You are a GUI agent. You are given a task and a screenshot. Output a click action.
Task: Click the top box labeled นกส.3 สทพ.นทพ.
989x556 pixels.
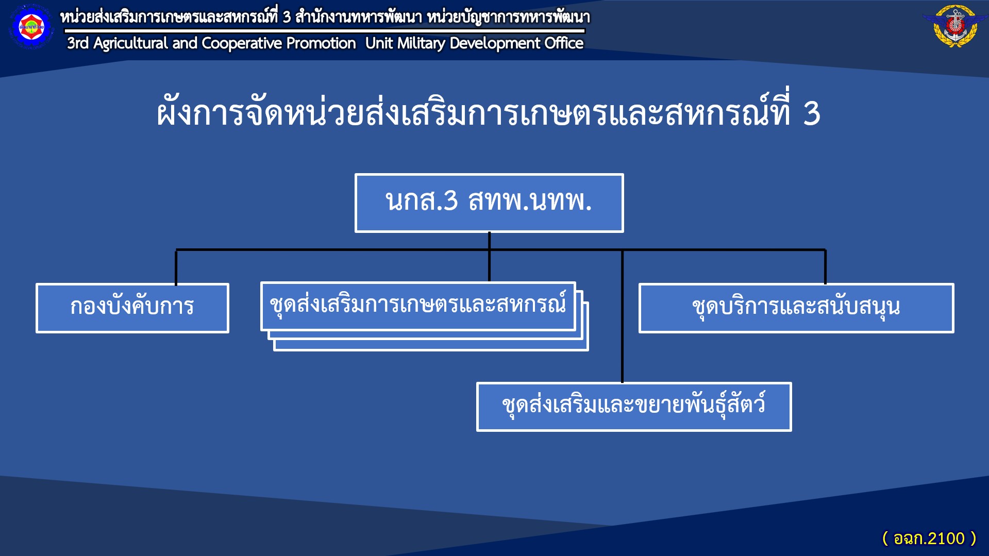(489, 203)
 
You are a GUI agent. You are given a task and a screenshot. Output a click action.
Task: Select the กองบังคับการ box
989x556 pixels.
(132, 308)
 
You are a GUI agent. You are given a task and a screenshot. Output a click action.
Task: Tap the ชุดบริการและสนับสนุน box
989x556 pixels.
(796, 308)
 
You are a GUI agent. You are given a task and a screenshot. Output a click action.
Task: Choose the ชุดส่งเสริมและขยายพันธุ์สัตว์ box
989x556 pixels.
(634, 407)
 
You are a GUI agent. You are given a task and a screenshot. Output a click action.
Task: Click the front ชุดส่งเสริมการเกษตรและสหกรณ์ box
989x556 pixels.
(418, 306)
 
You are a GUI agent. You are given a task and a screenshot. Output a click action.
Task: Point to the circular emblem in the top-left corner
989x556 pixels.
(31, 27)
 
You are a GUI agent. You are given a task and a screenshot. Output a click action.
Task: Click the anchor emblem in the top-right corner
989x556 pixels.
(955, 26)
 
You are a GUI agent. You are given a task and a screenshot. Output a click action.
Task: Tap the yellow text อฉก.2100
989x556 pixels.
(929, 538)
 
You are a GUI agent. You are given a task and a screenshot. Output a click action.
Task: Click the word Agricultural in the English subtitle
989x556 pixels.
(130, 44)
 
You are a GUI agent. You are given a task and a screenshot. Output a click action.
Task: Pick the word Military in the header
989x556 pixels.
(421, 44)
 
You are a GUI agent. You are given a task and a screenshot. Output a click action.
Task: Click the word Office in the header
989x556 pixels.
(564, 43)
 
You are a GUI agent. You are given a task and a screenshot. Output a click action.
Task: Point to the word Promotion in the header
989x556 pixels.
(321, 43)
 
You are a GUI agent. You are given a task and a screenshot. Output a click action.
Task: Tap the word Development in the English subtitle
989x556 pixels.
(495, 44)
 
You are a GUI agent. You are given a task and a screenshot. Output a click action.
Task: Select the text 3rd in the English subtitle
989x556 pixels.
(78, 43)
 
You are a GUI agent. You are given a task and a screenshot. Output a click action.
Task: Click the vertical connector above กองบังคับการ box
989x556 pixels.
(176, 267)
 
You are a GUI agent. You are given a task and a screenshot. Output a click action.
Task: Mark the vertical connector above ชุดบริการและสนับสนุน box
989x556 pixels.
(825, 267)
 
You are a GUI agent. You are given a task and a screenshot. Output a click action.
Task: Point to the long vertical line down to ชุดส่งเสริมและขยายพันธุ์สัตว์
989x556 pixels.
(622, 316)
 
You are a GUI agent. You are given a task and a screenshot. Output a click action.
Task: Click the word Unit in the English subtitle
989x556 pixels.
(379, 43)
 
